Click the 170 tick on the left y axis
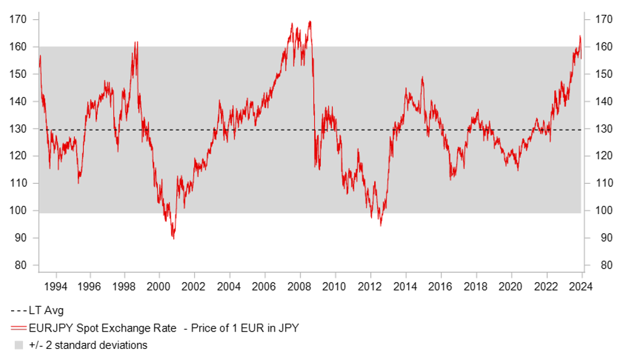click(x=18, y=20)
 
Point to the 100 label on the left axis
click(x=18, y=211)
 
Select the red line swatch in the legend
click(x=19, y=328)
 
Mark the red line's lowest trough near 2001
click(x=173, y=238)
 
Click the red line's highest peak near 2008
click(x=309, y=22)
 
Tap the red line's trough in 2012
click(x=380, y=225)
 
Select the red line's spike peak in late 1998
click(x=135, y=42)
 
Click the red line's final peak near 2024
click(x=580, y=36)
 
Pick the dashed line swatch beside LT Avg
click(x=19, y=311)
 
